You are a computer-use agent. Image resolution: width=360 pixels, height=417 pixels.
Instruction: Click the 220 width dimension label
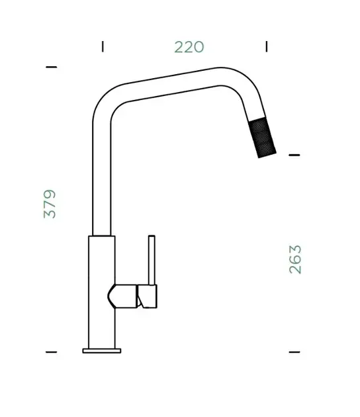pos(189,47)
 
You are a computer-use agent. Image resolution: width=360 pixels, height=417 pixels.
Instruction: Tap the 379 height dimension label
pos(50,204)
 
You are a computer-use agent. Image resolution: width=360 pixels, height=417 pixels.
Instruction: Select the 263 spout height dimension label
pos(295,259)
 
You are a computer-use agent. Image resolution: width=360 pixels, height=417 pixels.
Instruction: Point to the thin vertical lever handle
pos(152,260)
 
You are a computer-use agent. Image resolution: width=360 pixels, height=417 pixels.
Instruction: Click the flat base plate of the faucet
pos(102,351)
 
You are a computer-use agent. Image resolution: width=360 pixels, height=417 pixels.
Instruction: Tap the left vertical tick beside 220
pos(103,46)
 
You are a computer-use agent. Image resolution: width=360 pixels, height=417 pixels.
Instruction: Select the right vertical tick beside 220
pos(267,46)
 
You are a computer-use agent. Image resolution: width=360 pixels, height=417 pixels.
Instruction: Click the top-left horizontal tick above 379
pos(52,67)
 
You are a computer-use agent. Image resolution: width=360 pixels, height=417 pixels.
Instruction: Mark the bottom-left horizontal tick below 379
pos(52,352)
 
